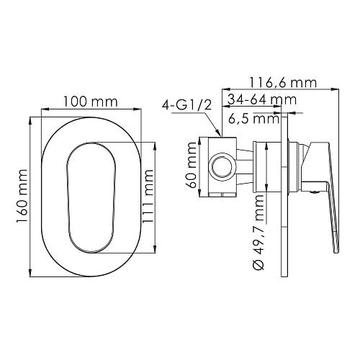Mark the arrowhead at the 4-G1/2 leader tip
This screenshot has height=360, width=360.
[x=219, y=134]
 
